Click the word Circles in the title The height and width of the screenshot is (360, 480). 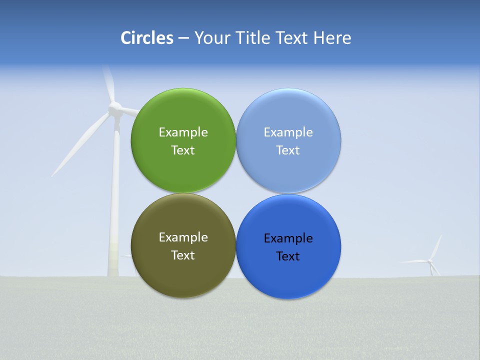pyautogui.click(x=146, y=38)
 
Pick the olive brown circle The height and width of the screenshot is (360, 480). pyautogui.click(x=183, y=270)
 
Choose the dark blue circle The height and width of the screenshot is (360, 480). pyautogui.click(x=288, y=275)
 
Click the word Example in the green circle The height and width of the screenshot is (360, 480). pyautogui.click(x=183, y=132)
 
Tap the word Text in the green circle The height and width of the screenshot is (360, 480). pyautogui.click(x=183, y=150)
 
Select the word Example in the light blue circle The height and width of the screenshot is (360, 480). pyautogui.click(x=288, y=132)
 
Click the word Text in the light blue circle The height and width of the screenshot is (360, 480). pyautogui.click(x=288, y=150)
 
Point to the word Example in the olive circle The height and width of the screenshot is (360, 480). pyautogui.click(x=183, y=237)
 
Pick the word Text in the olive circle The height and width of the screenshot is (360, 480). pyautogui.click(x=183, y=255)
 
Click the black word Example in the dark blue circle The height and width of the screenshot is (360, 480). pyautogui.click(x=288, y=238)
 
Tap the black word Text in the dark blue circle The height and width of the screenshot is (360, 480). pyautogui.click(x=288, y=256)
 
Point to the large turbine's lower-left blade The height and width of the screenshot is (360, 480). pyautogui.click(x=80, y=145)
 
